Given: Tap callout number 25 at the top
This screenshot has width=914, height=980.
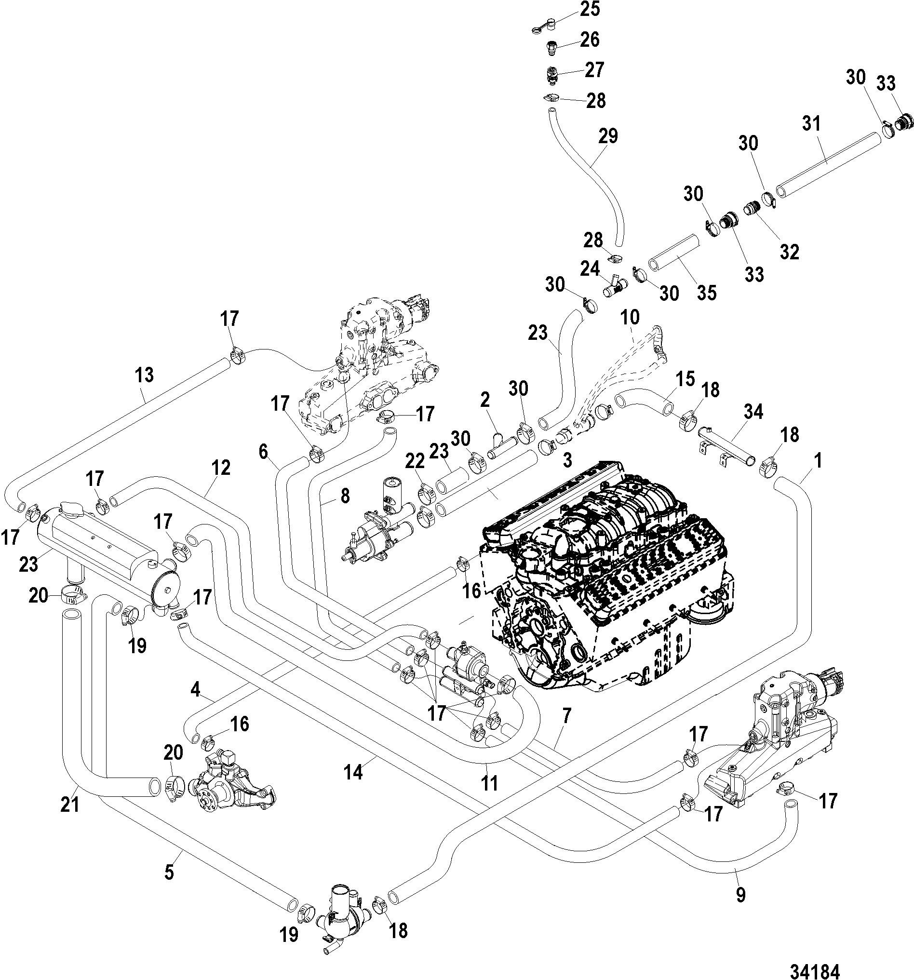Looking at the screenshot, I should coord(590,9).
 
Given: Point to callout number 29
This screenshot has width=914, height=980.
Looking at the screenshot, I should coord(608,136).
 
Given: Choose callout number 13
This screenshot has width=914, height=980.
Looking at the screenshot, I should coord(145,375).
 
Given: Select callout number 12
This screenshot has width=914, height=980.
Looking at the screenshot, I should coord(221,468).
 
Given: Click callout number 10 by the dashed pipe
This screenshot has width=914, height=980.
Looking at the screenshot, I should coord(630,317).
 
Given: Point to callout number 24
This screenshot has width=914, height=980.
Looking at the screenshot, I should coord(590,268).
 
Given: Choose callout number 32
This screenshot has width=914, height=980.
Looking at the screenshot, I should coord(789,252).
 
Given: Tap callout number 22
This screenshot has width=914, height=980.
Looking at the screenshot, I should coord(415,461).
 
